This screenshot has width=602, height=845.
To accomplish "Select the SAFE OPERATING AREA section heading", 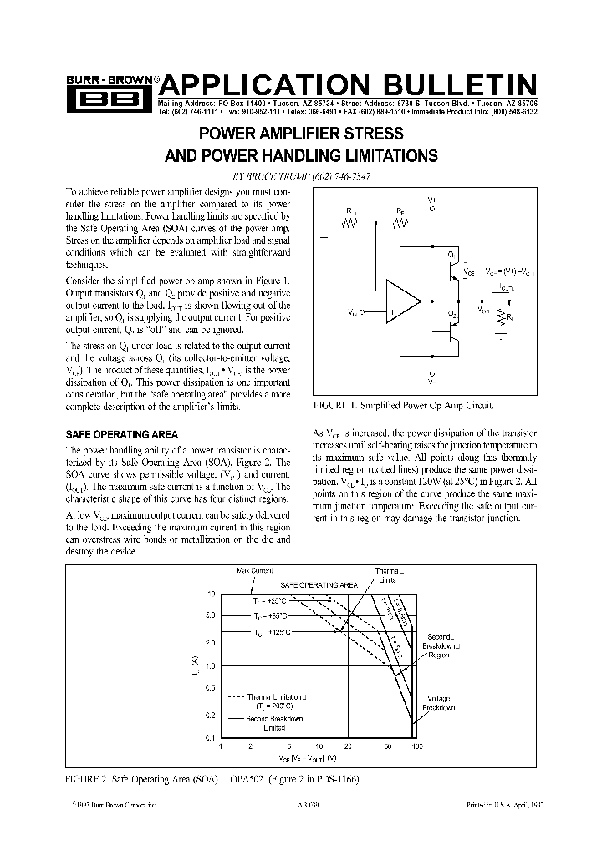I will [x=121, y=434].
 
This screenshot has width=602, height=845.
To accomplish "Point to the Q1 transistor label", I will [x=451, y=253].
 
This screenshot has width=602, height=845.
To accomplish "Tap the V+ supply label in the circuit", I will [x=432, y=201].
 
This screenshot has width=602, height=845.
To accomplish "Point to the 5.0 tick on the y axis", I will [x=210, y=615].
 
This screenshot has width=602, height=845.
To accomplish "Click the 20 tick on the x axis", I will [x=347, y=746].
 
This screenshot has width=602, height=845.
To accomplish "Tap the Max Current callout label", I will [x=254, y=569].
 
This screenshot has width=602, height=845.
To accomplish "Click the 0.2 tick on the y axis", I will [x=210, y=716].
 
